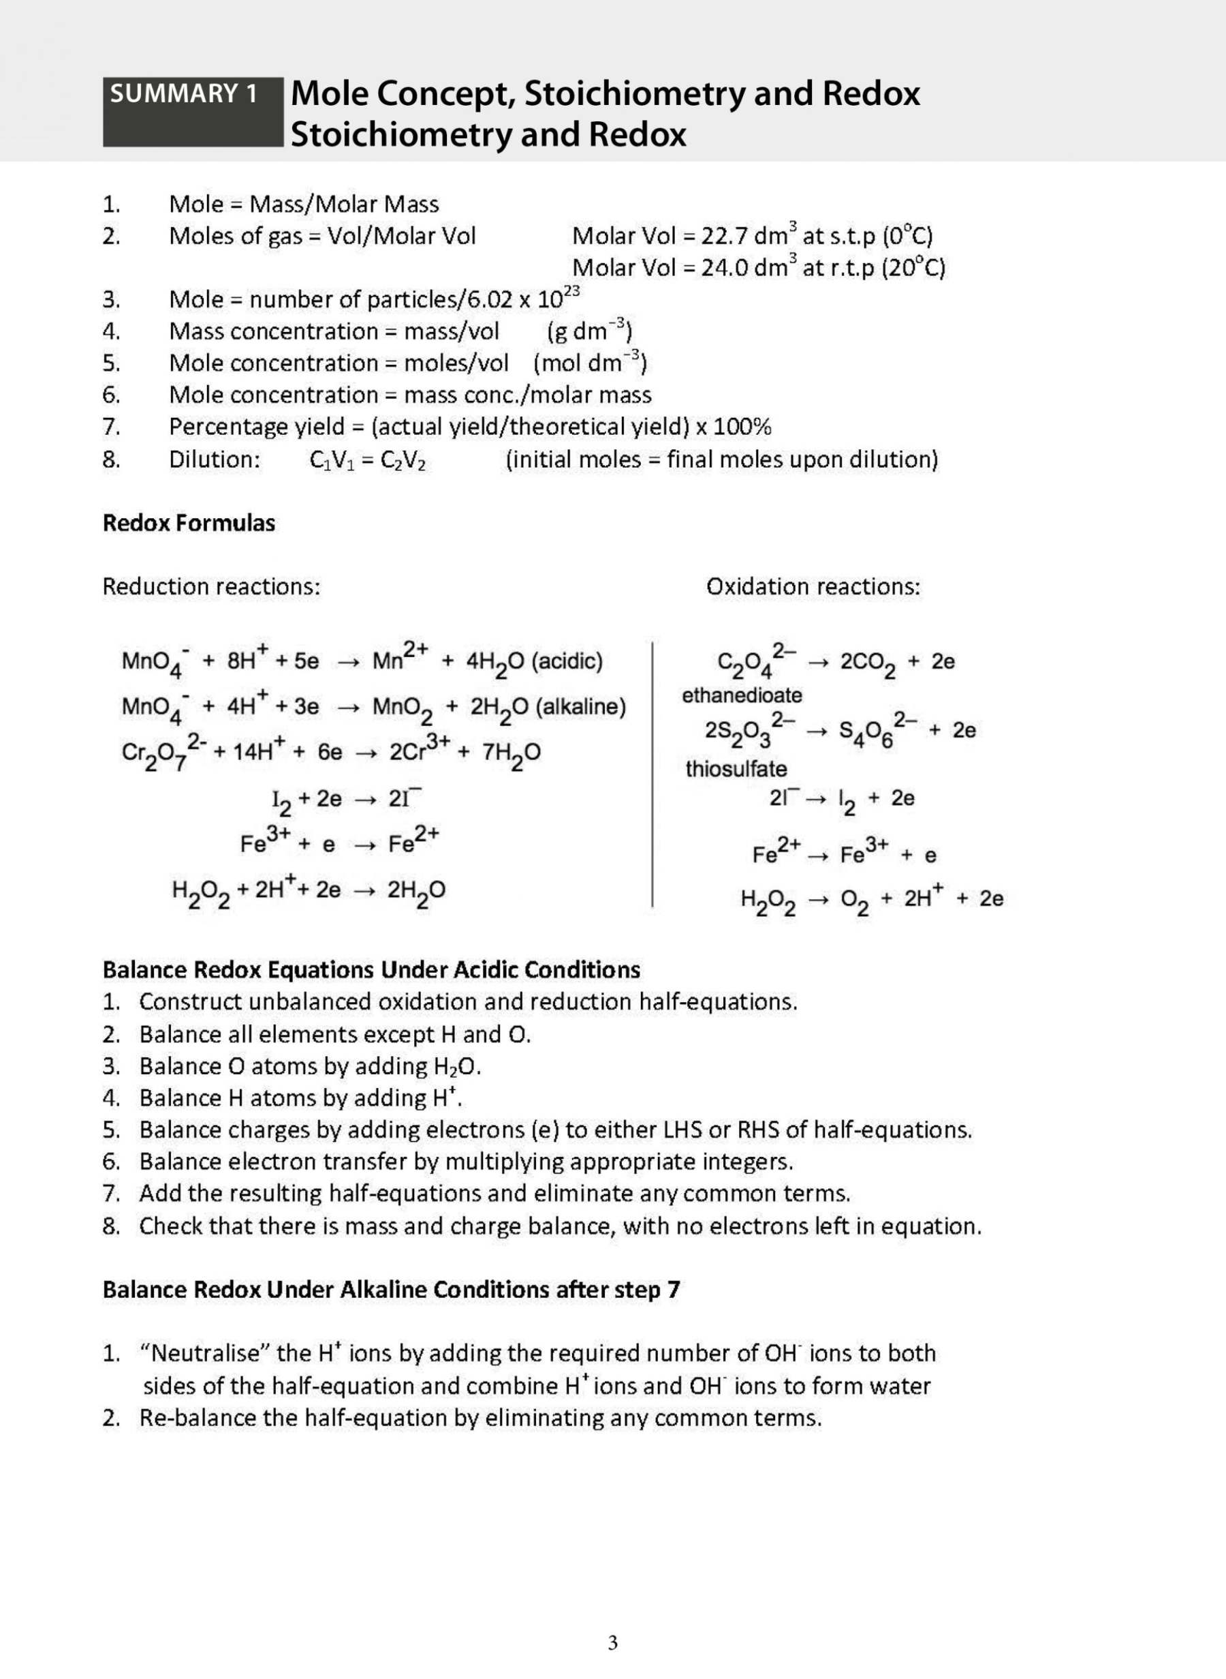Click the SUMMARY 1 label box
192,110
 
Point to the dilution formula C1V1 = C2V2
367,460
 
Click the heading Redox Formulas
189,523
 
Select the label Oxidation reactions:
813,587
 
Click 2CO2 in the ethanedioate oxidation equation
867,663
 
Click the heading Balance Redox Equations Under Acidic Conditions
371,970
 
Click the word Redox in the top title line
870,93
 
